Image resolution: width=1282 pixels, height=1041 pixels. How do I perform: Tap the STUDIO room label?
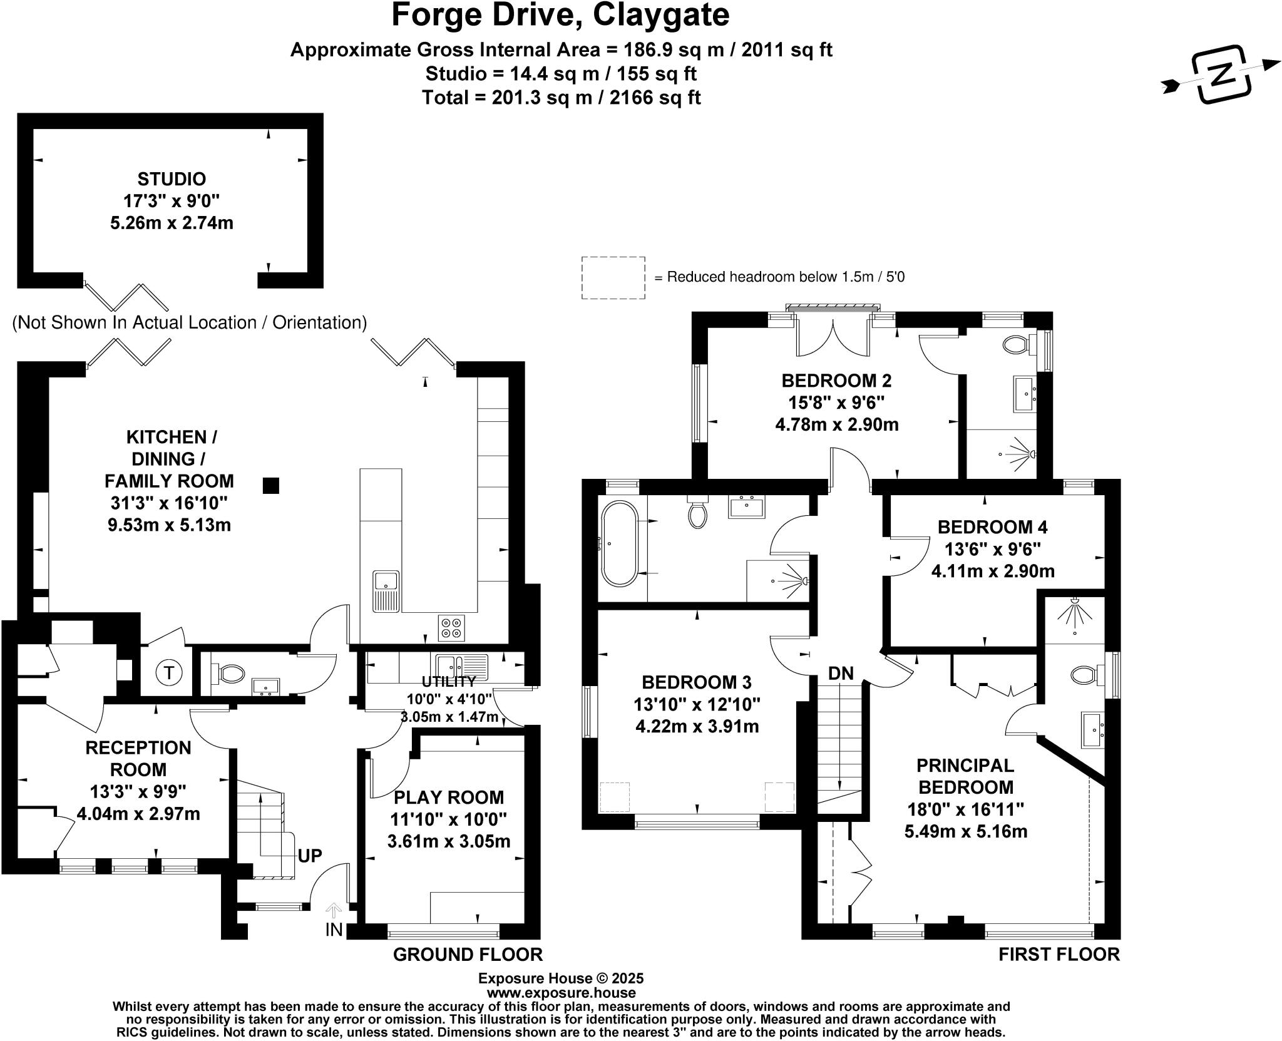pos(172,179)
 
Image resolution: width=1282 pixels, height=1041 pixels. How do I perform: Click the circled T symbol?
pos(168,673)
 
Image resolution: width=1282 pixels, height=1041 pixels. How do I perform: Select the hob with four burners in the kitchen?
pos(452,628)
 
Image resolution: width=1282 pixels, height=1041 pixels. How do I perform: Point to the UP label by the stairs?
pos(310,856)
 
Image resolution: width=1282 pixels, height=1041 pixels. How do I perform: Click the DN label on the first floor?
pos(841,673)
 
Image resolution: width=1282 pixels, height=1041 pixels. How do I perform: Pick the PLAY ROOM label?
pos(448,797)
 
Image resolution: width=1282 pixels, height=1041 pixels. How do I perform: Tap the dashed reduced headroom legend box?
pos(613,277)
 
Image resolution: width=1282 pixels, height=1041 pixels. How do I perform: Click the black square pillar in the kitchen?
pos(270,486)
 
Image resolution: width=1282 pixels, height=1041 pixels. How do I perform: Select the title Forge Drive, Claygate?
pos(560,15)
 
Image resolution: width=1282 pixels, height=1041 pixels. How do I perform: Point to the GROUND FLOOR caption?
pos(468,954)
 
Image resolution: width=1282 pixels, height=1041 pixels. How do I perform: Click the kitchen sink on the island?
pos(386,590)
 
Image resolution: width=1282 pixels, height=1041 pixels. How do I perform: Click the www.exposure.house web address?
pos(561,993)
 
